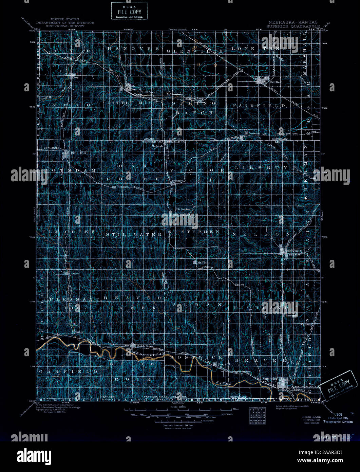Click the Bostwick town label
224,364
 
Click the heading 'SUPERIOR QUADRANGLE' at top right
293,26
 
